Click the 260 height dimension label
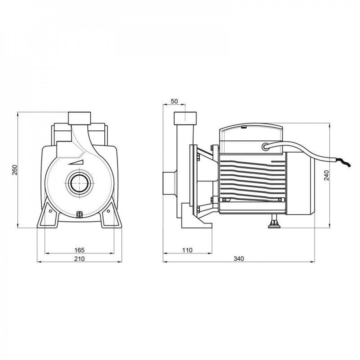(14, 170)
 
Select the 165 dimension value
(79, 249)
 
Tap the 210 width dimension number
(79, 259)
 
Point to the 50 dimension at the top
(174, 102)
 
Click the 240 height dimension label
(326, 175)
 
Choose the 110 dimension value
(187, 249)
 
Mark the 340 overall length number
(239, 259)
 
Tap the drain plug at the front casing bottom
(80, 215)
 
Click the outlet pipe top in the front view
(80, 118)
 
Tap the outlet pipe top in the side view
(186, 118)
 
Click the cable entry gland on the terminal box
(266, 146)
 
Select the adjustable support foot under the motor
(274, 223)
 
